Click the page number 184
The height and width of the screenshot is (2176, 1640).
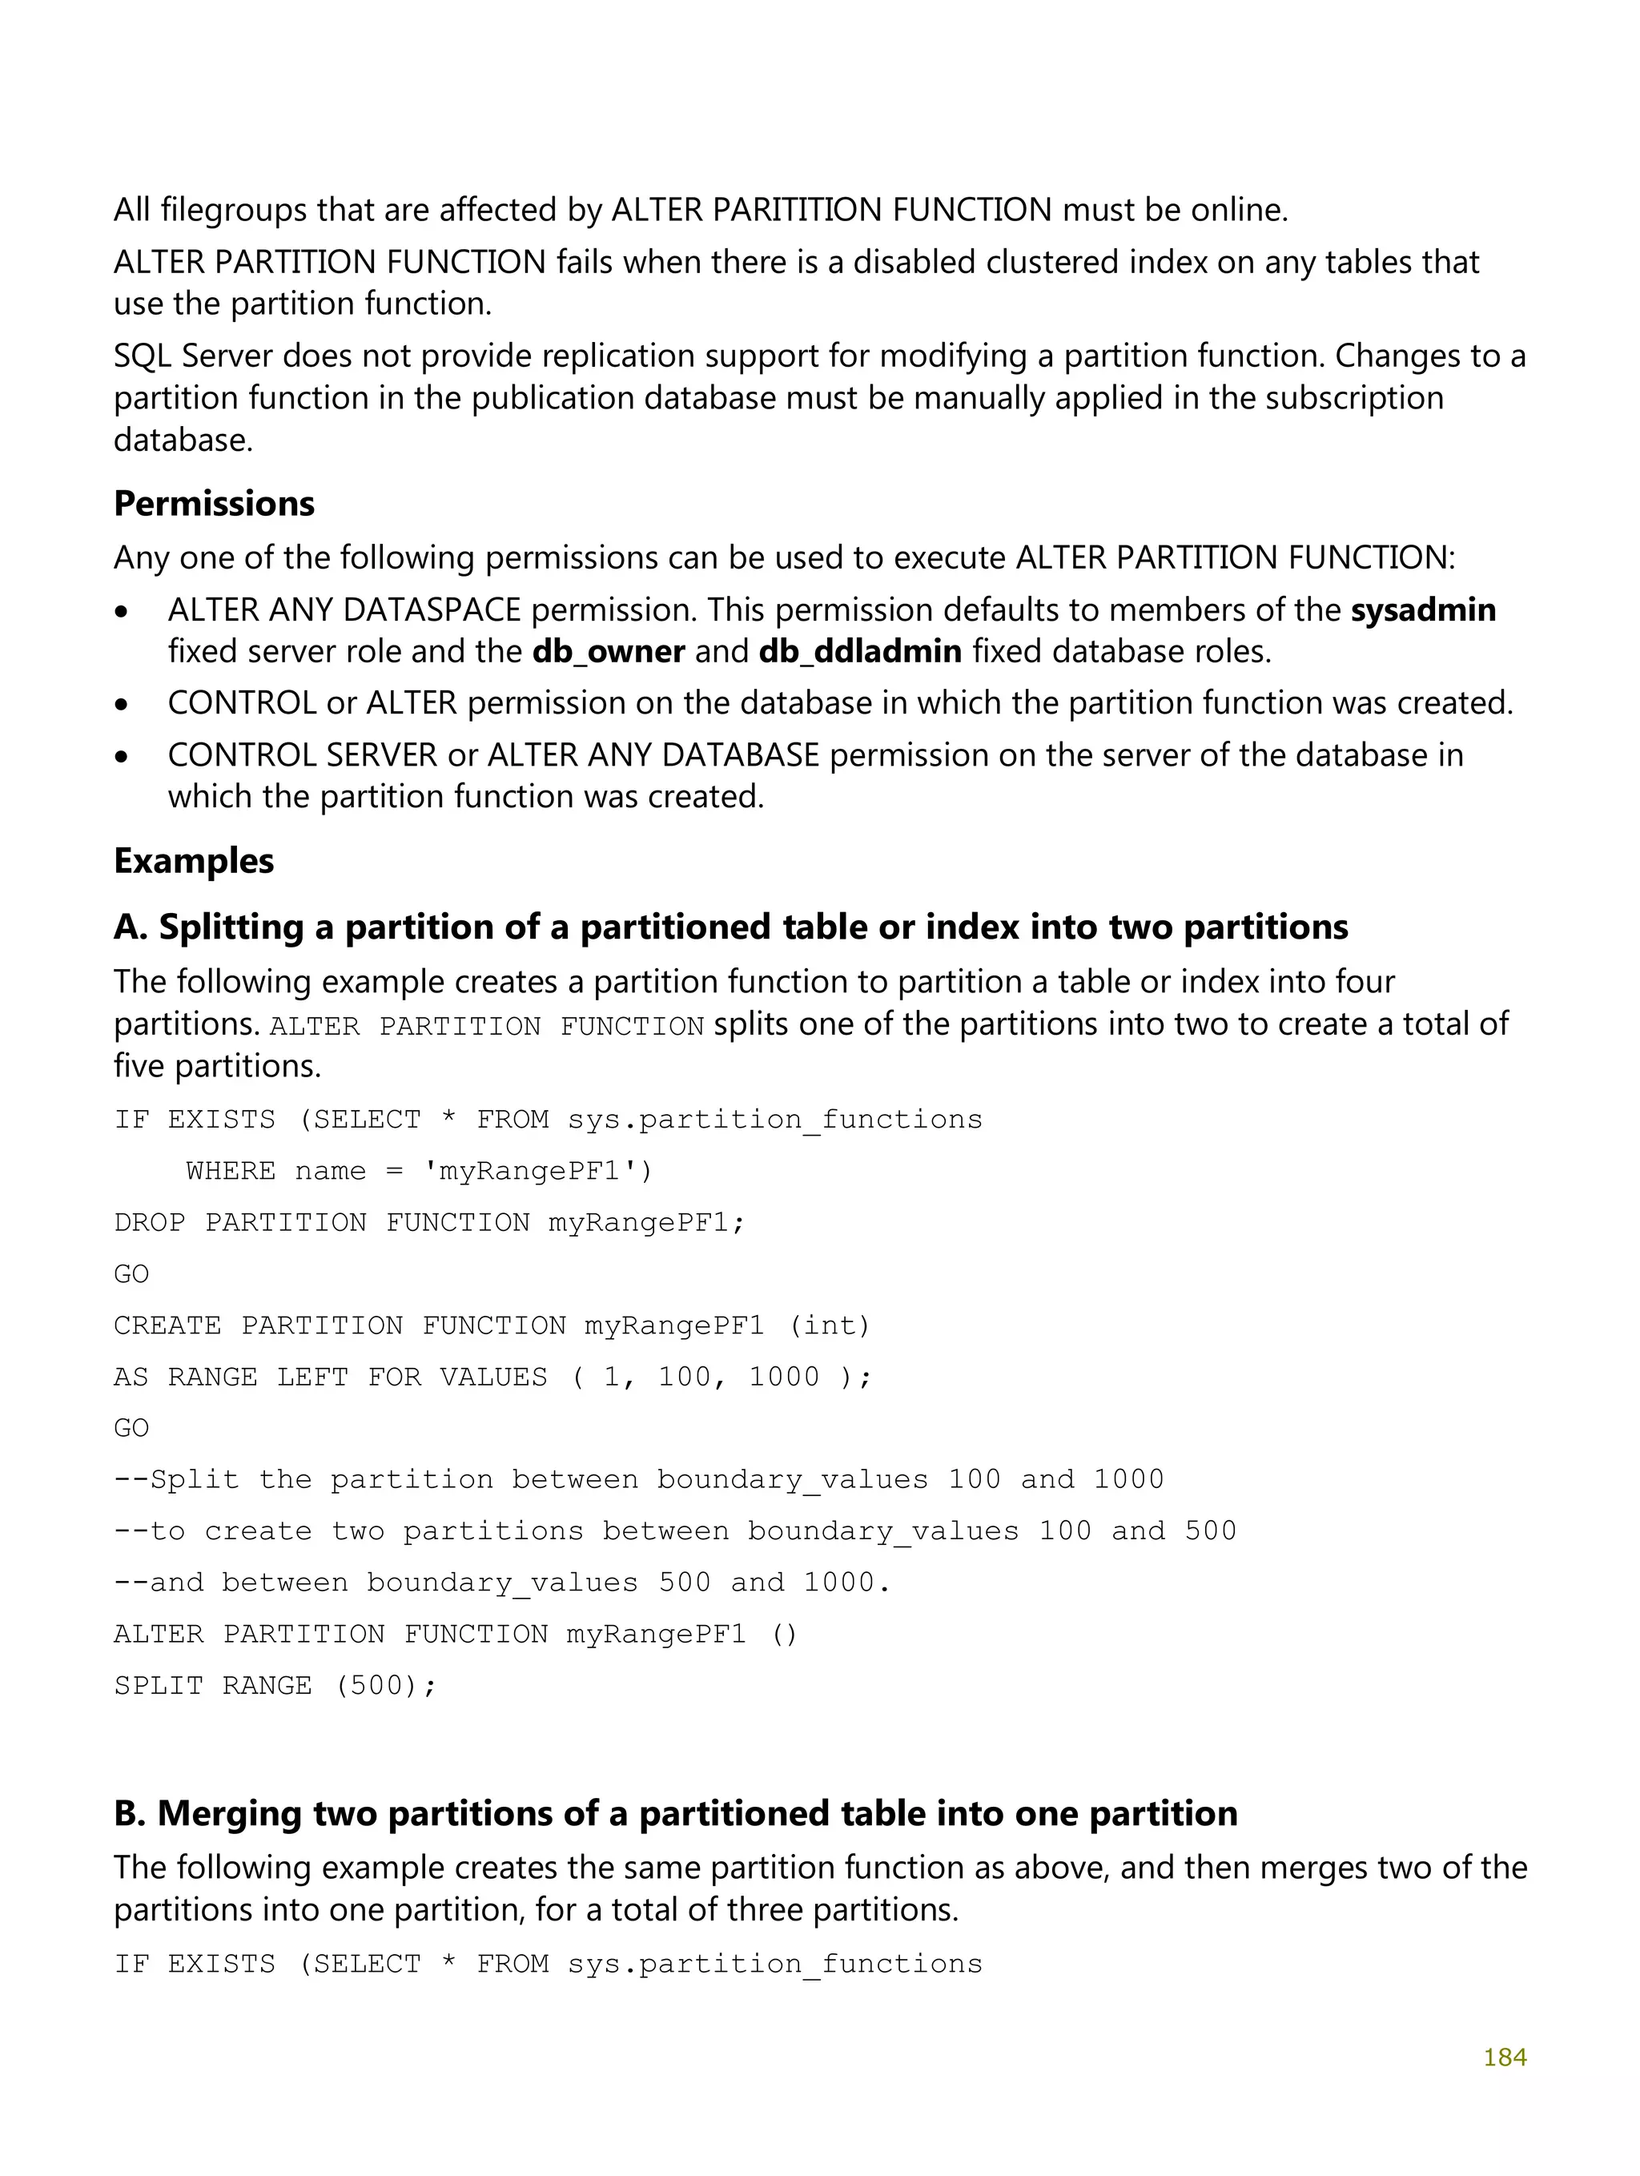pyautogui.click(x=1504, y=2057)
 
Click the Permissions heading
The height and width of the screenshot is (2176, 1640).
pyautogui.click(x=214, y=504)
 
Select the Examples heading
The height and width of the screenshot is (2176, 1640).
pyautogui.click(x=194, y=861)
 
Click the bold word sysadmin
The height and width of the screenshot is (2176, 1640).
pyautogui.click(x=1422, y=610)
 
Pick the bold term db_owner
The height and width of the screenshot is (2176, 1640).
pyautogui.click(x=608, y=651)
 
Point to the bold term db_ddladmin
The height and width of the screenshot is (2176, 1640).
pyautogui.click(x=860, y=651)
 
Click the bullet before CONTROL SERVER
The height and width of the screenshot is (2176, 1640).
pyautogui.click(x=121, y=758)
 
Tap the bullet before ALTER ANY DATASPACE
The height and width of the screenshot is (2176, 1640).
pyautogui.click(x=121, y=612)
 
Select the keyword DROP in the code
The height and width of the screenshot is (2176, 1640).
pyautogui.click(x=150, y=1223)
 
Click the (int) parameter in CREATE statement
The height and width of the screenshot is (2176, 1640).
pyautogui.click(x=830, y=1326)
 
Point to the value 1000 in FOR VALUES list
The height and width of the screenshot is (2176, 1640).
pyautogui.click(x=783, y=1378)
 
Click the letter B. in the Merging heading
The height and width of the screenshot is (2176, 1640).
pyautogui.click(x=130, y=1813)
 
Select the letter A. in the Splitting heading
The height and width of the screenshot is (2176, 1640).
pyautogui.click(x=130, y=927)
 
